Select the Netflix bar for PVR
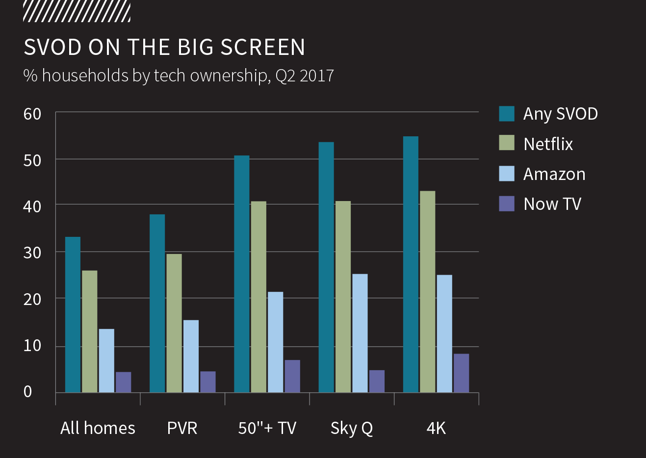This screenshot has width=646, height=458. tap(174, 323)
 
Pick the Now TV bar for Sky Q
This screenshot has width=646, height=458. tap(377, 382)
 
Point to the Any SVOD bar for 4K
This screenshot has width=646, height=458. tap(411, 264)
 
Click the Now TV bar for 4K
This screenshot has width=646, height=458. tap(461, 373)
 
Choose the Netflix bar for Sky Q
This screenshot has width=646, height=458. tap(343, 297)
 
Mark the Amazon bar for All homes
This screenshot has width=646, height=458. tap(106, 361)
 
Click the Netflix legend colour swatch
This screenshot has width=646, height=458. tap(507, 143)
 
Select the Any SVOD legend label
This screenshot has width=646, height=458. tap(560, 114)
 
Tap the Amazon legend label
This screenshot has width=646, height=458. tap(554, 174)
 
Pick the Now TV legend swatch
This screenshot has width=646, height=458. tap(507, 204)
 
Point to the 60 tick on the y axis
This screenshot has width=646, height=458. tap(32, 114)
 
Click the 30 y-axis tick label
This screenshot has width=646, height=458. tap(32, 253)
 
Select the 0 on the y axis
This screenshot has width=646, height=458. tap(28, 391)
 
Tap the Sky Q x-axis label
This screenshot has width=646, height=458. tap(352, 428)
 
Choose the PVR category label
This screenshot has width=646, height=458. tap(182, 428)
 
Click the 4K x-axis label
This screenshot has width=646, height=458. tap(436, 428)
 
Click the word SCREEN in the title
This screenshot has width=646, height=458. tap(262, 48)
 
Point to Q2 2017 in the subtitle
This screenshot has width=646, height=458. tap(305, 76)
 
